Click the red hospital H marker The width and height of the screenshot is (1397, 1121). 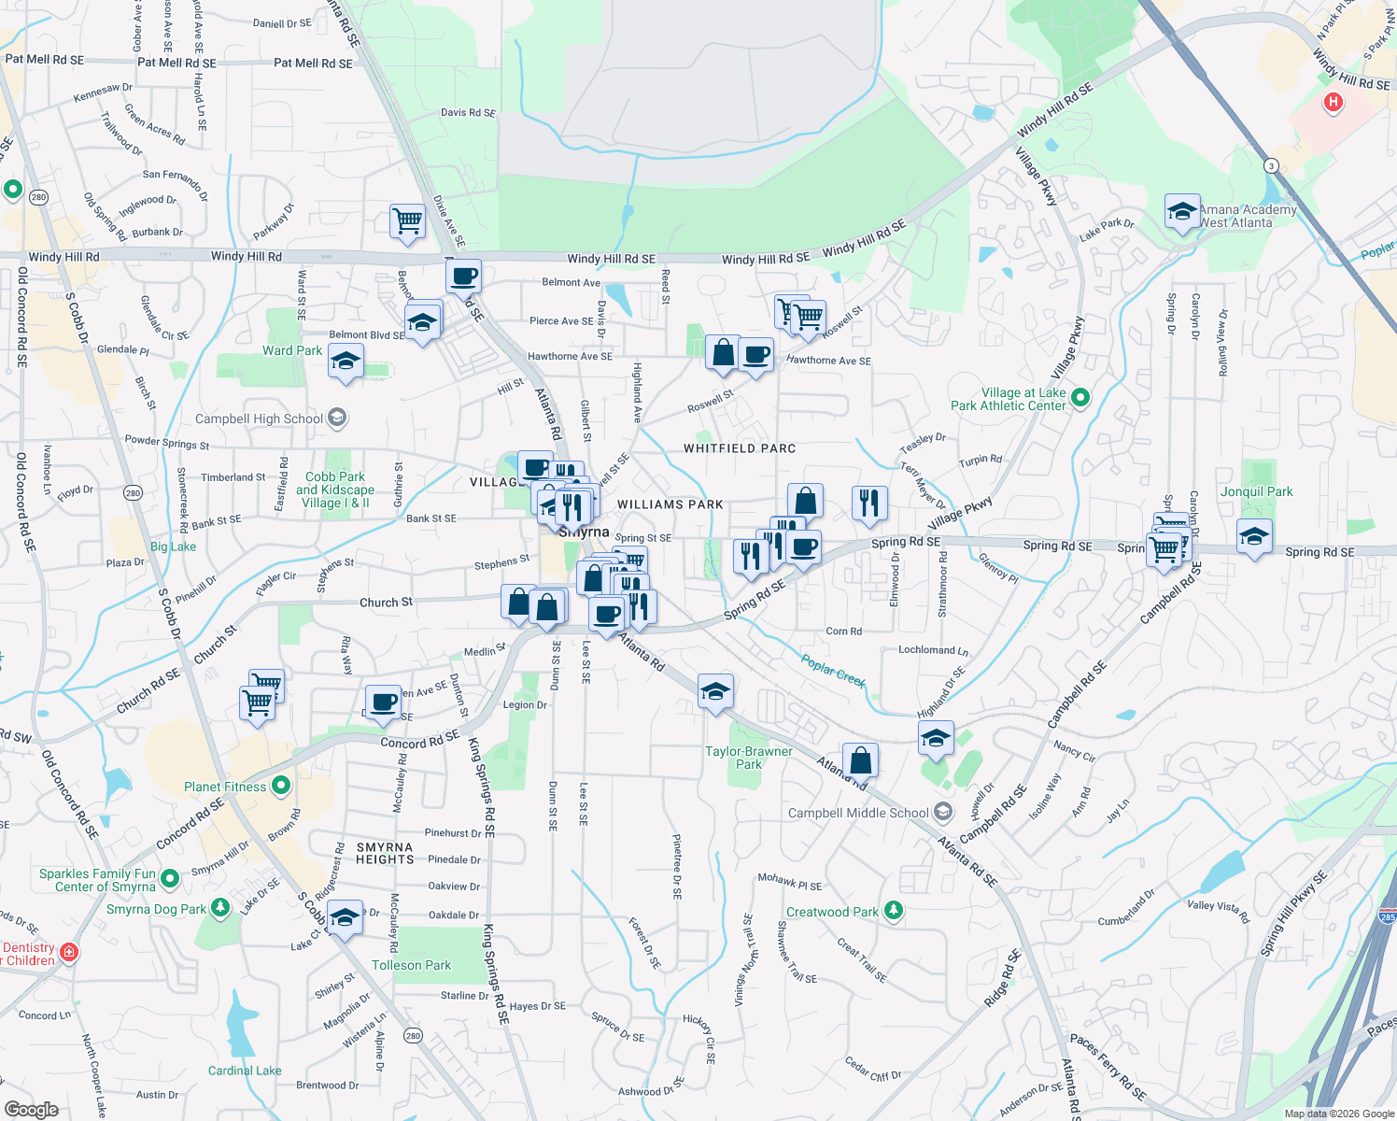[x=1333, y=102]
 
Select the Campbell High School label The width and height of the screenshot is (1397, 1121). [x=259, y=419]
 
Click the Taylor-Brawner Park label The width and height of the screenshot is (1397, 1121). [x=749, y=758]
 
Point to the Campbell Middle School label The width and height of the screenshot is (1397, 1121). [x=858, y=813]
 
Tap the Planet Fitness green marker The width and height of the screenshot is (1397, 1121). [x=281, y=786]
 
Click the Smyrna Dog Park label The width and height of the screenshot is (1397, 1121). [x=156, y=909]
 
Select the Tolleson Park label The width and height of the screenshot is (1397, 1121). [x=411, y=965]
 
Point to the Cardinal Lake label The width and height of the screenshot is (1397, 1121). [x=245, y=1071]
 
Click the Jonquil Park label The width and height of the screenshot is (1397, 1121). [x=1256, y=491]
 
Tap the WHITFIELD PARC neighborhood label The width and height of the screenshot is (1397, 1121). [x=740, y=448]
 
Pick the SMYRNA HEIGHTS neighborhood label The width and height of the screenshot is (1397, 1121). [x=385, y=853]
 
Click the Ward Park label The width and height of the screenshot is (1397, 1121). [x=292, y=350]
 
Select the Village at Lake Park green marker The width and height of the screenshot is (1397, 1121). [x=1080, y=397]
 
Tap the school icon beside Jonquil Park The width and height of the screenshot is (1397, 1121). [x=1253, y=537]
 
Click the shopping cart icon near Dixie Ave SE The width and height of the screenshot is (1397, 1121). [x=407, y=222]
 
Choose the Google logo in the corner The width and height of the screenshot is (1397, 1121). [x=31, y=1110]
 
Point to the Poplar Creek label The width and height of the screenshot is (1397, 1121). [x=833, y=670]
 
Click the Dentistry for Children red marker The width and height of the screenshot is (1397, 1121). [x=68, y=952]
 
